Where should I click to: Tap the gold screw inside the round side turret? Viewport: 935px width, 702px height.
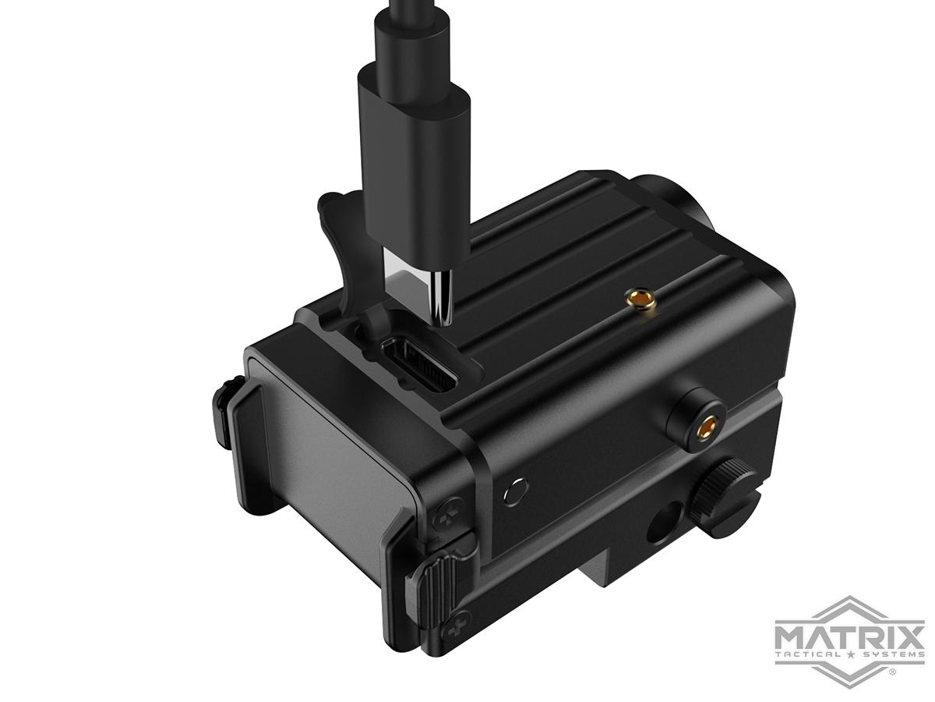point(708,426)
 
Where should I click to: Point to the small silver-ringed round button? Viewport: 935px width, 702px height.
point(513,492)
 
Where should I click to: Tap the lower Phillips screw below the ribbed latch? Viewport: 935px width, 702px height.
point(460,623)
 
